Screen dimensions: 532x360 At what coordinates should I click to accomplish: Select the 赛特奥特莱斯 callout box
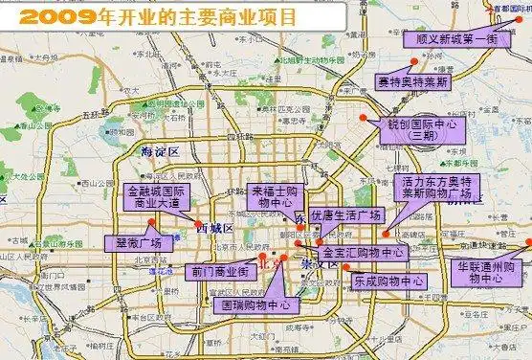pos(412,80)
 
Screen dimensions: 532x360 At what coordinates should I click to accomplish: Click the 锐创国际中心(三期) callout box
pos(422,128)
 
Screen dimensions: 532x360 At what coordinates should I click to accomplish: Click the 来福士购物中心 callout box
pos(277,196)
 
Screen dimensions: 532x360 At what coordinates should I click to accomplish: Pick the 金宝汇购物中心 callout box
pos(364,253)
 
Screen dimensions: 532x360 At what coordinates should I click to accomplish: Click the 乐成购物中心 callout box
pos(388,281)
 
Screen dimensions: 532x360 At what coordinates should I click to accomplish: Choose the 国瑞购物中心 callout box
pos(255,304)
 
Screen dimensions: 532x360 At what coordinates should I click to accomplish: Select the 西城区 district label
pos(214,227)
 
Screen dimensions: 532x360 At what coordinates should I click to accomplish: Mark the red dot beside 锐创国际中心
pos(364,117)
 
